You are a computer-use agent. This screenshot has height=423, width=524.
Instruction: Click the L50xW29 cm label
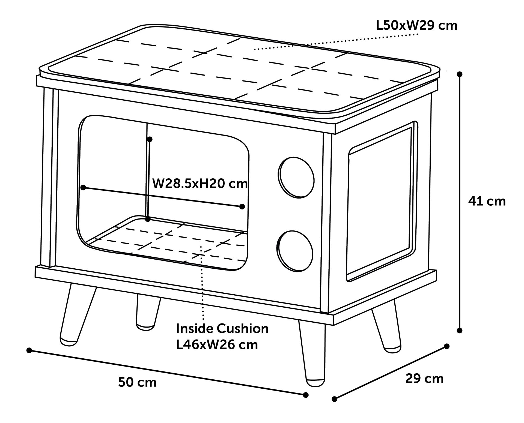(416, 26)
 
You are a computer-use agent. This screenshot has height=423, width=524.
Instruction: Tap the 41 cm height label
(487, 201)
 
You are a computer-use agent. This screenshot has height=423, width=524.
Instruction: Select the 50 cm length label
(137, 382)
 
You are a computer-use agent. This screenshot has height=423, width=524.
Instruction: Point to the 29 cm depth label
(424, 379)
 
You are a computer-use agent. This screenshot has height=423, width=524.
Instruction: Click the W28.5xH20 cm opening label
(200, 184)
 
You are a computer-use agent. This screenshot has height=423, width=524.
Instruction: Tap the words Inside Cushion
(222, 329)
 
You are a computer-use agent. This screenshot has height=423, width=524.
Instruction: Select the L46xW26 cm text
(217, 345)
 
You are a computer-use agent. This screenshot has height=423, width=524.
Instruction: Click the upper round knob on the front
(296, 177)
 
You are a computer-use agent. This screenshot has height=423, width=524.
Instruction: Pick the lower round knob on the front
(295, 251)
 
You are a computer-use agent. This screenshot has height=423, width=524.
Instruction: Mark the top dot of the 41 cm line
(460, 74)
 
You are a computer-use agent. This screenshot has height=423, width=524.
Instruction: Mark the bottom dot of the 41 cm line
(460, 331)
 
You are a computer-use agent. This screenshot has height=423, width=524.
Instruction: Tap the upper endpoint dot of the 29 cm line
(447, 346)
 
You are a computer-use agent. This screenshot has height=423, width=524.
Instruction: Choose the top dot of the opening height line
(149, 139)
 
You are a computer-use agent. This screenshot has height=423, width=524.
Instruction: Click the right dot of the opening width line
(242, 206)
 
